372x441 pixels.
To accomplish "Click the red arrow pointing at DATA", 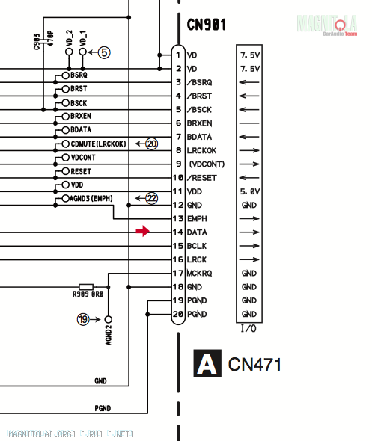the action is coord(142,231).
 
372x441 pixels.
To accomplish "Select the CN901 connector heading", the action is coord(207,25).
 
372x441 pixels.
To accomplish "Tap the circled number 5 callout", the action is coord(104,52).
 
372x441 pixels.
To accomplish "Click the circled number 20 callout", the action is coord(151,144).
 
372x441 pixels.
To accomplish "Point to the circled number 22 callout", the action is coord(151,198).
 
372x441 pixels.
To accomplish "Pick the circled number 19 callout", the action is coord(83,319).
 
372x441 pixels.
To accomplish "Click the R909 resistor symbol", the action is coord(86,287).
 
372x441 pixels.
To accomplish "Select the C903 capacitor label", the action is coord(37,42).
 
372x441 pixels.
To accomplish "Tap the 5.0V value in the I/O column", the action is coord(250,192).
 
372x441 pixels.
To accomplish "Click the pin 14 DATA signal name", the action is coord(197,232).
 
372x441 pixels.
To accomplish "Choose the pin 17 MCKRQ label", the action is coord(199,273).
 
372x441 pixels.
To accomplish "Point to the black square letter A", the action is coord(207,363).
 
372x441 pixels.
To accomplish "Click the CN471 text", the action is coord(254,365).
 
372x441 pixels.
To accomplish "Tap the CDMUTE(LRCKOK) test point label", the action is coord(98,144).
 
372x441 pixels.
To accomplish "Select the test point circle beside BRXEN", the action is coord(65,116).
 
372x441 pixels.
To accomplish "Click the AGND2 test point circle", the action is coord(108,319).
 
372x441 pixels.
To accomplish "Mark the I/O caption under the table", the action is coord(248,328).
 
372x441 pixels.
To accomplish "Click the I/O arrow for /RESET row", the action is coord(249,178).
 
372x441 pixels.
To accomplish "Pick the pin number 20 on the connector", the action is coord(178,314).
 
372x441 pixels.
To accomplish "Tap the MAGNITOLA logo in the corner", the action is coord(327,25).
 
